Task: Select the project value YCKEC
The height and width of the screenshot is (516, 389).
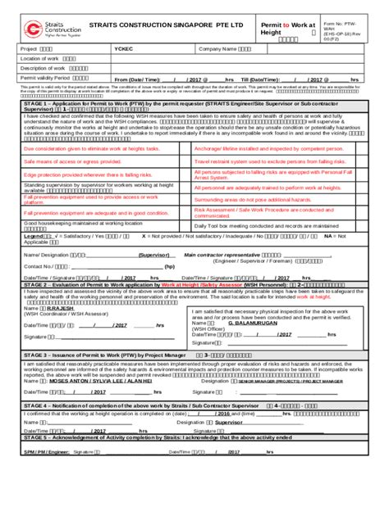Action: click(x=124, y=49)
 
